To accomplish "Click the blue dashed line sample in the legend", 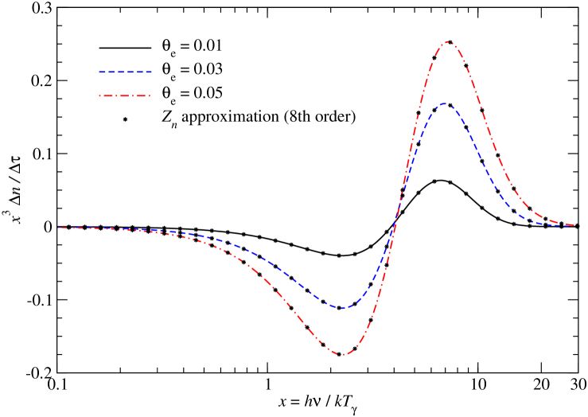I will coord(125,72).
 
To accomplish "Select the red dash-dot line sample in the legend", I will coord(124,95).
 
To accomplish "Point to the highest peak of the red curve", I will coord(448,41).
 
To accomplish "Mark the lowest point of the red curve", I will coord(342,354).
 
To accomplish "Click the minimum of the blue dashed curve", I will coord(342,308).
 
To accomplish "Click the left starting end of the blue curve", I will coord(59,228).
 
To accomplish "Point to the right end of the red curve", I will coord(574,225).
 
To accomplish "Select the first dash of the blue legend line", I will coord(102,72).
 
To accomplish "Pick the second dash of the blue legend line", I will coord(111,72).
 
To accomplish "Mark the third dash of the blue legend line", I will coord(121,72).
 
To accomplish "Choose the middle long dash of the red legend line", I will coord(124,95).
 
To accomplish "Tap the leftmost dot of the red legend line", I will coord(99,95).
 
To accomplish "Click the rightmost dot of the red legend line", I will coord(150,95).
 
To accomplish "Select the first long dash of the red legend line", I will coord(108,95).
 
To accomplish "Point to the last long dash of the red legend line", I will coord(141,95).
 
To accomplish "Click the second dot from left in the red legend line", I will coord(116,95).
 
